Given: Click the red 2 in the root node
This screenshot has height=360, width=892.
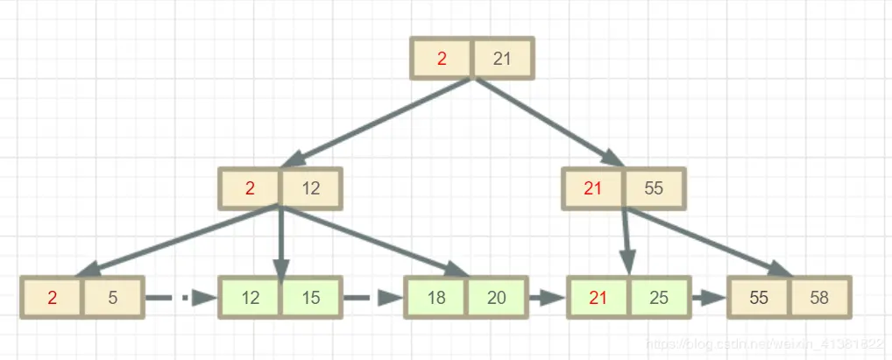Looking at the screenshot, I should [x=442, y=59].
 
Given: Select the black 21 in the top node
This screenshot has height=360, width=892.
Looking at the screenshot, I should [x=502, y=59].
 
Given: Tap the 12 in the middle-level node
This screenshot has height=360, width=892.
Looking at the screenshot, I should [x=310, y=187].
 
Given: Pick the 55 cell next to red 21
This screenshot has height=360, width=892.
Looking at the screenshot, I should [x=654, y=187].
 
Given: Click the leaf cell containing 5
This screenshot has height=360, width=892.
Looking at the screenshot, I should [x=113, y=298].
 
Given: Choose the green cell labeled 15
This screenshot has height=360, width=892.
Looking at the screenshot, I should [x=311, y=298].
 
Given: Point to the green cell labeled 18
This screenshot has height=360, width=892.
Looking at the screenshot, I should [x=435, y=298].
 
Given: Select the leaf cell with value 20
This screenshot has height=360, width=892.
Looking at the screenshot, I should [x=497, y=298].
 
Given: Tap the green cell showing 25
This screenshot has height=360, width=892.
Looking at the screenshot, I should [x=660, y=298].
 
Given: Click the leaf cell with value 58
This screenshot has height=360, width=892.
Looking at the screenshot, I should [x=820, y=298].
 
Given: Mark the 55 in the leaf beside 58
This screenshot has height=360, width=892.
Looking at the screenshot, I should [x=759, y=298].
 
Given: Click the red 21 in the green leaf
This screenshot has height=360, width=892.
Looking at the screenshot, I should [x=598, y=298].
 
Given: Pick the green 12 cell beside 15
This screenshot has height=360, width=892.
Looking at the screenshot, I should [x=251, y=298].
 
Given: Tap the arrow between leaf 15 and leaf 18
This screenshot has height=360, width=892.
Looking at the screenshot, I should [x=372, y=298].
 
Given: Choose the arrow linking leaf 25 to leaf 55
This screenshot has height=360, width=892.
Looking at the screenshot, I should [x=708, y=298].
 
